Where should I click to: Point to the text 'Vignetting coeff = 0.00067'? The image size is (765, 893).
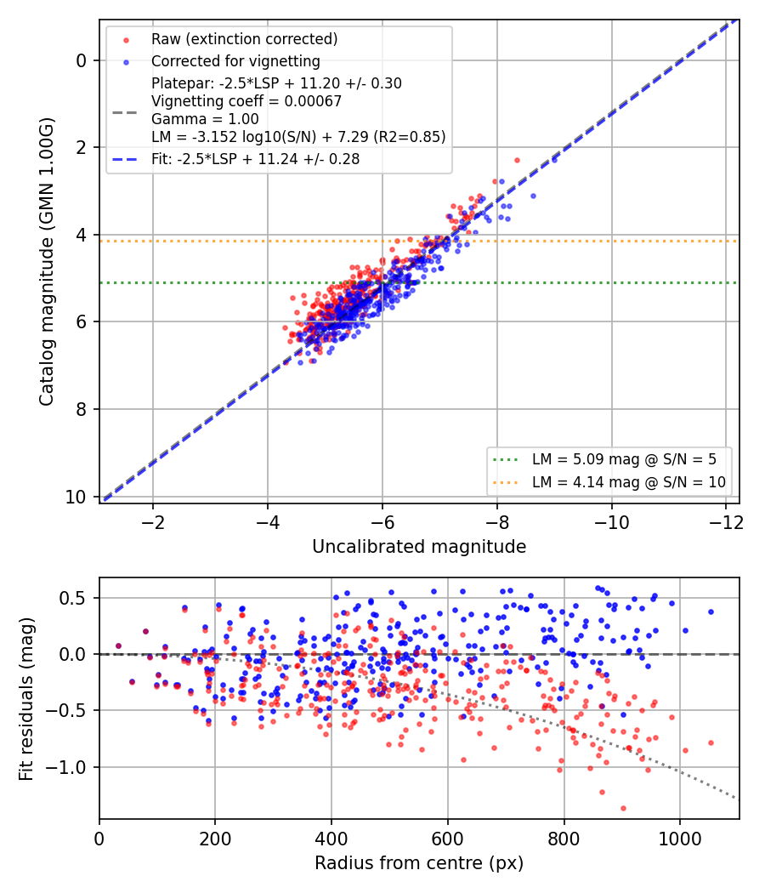click(246, 101)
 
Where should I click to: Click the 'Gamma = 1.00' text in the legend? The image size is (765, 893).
click(205, 119)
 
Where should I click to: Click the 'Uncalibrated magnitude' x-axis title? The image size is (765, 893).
click(419, 547)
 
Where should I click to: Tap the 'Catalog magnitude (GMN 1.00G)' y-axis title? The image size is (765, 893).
click(46, 262)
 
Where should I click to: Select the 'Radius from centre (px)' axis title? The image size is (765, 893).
click(419, 863)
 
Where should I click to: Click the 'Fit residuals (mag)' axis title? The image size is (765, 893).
click(26, 699)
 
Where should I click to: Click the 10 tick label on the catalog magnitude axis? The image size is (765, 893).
click(75, 498)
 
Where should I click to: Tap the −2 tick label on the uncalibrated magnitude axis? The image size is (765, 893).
click(152, 522)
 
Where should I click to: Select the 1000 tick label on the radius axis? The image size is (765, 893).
click(680, 839)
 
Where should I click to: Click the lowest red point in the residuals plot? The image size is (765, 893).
click(623, 808)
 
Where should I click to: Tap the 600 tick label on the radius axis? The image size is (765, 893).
click(447, 839)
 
